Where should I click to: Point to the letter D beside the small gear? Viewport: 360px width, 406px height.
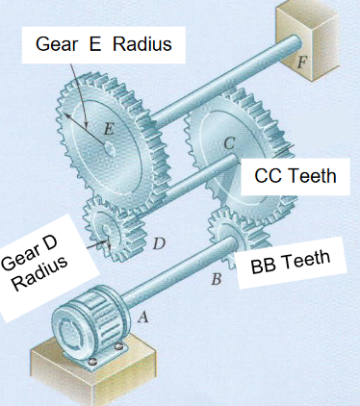coord(160,244)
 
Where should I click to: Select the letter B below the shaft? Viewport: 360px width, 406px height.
coord(218,280)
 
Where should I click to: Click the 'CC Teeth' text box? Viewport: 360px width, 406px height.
coord(296,176)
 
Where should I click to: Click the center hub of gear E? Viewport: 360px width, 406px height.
coord(108,149)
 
